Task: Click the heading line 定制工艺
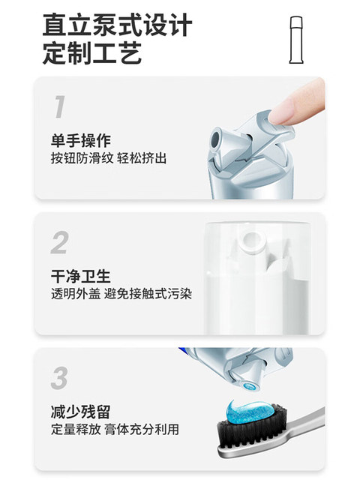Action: point(91,54)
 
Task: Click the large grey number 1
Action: point(59,107)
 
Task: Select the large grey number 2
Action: point(60,243)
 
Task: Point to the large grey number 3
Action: point(60,378)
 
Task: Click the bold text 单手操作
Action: point(80,141)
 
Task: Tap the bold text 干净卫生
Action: point(80,276)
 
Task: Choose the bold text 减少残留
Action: point(80,412)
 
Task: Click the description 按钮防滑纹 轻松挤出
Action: point(108,159)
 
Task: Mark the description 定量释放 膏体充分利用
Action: point(115,430)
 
